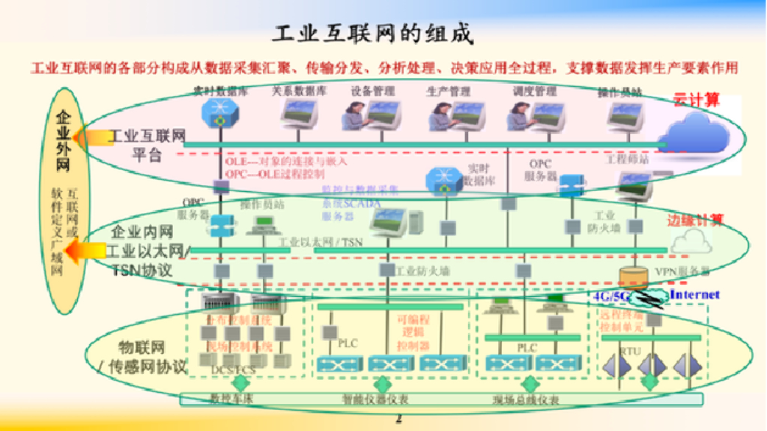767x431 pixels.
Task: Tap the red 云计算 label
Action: [696, 99]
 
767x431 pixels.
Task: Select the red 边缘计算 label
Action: [695, 220]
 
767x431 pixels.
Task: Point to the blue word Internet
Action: [694, 295]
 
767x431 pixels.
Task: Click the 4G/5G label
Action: [612, 296]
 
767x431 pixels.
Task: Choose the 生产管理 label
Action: [449, 91]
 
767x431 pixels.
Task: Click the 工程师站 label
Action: [628, 159]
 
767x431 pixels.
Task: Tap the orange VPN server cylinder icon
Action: [634, 277]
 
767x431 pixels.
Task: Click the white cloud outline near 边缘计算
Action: [691, 241]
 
